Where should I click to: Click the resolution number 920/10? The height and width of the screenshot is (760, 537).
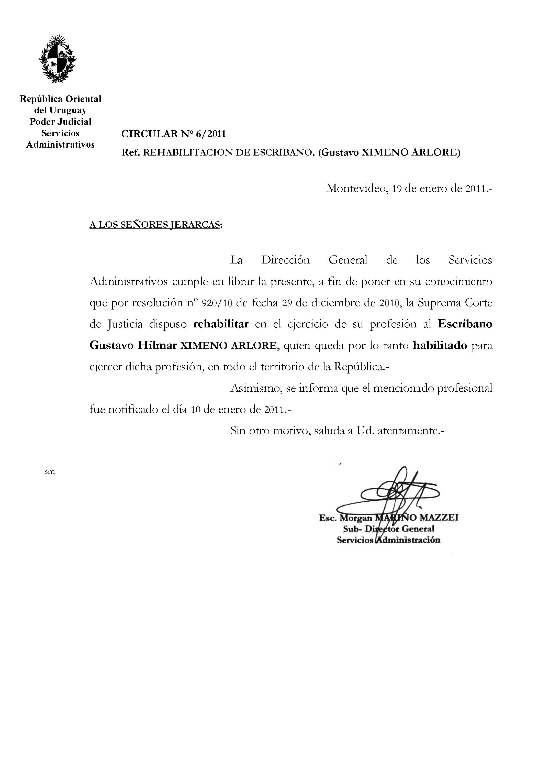(x=217, y=303)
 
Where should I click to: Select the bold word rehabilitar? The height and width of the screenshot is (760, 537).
(x=221, y=324)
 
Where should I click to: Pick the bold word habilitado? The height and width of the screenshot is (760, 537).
(x=440, y=345)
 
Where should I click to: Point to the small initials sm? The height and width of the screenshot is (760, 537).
(x=50, y=472)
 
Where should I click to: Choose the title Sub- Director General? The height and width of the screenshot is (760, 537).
(x=388, y=529)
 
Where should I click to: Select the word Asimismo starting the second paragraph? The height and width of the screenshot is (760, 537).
(x=255, y=388)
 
